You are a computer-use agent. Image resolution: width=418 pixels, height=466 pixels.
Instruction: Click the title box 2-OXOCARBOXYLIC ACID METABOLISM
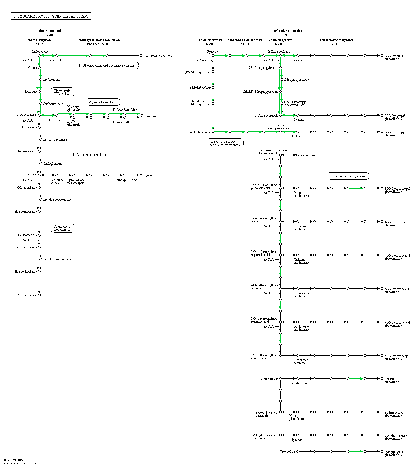51,16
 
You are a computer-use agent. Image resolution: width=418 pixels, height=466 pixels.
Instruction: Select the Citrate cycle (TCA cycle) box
62,92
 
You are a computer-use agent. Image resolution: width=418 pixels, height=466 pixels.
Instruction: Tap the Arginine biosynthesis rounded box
103,102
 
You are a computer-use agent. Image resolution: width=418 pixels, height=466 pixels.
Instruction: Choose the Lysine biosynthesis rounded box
89,155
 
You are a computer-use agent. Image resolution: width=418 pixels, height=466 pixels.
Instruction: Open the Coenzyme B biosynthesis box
62,228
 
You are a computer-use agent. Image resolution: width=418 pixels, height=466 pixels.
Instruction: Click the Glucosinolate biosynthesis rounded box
348,176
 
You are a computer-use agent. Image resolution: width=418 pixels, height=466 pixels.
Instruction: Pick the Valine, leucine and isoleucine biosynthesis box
225,143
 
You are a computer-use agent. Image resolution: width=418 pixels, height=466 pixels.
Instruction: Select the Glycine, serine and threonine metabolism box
109,66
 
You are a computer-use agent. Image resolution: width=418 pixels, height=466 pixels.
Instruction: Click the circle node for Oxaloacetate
39,55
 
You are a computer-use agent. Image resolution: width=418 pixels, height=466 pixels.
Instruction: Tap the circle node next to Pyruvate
213,55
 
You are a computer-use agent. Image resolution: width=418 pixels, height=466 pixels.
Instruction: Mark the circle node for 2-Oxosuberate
39,295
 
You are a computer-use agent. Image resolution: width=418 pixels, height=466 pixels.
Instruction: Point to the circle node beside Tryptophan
298,451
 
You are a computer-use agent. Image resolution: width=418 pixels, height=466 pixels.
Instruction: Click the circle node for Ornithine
142,116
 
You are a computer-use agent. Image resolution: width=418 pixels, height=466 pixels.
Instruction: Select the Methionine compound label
308,155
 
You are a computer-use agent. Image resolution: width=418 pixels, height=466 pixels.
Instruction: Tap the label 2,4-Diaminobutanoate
158,56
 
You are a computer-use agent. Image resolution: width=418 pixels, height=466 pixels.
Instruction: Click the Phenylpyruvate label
268,379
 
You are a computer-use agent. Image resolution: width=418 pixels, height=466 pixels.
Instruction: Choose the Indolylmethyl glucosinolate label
394,453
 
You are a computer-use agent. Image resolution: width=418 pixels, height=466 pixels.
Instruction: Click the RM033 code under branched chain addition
244,44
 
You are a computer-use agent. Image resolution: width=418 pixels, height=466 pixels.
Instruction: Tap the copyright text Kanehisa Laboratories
21,463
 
